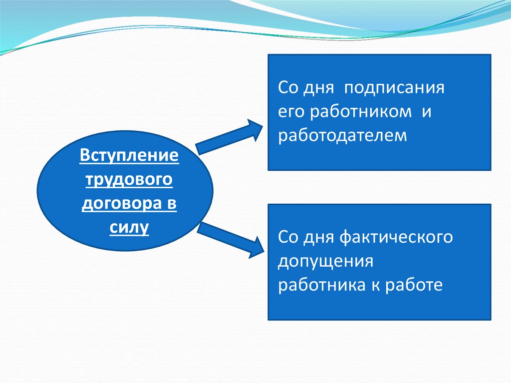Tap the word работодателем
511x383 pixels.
(343, 135)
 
